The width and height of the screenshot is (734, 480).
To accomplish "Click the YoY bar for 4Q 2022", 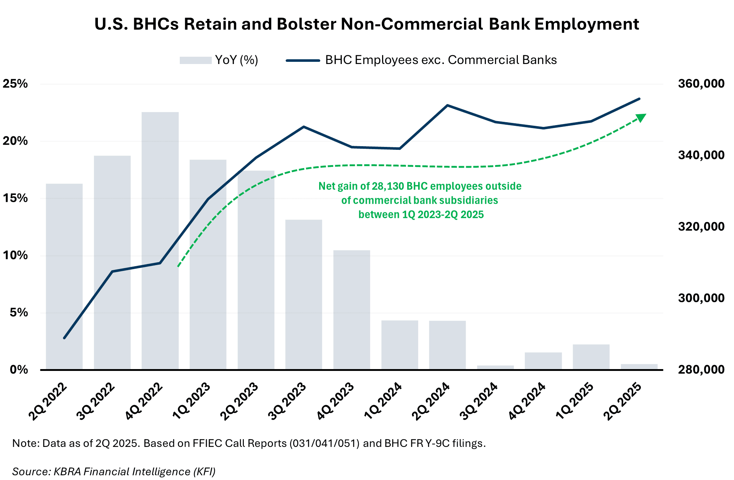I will tap(160, 240).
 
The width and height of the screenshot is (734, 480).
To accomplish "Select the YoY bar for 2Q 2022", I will tap(64, 276).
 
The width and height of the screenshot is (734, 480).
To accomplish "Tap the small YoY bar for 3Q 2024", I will tap(495, 367).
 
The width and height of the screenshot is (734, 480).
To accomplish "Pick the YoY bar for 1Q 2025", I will tap(591, 357).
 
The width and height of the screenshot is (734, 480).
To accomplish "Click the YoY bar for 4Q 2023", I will tap(352, 309).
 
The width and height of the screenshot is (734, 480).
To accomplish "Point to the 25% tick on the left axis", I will tap(15, 84).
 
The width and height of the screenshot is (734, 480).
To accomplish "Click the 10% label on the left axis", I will tap(15, 255).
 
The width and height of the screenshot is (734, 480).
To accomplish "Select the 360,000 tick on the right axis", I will tap(701, 84).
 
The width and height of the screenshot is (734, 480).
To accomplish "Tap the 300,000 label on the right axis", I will tap(701, 298).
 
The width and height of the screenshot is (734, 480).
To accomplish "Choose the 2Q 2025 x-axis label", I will tap(622, 401).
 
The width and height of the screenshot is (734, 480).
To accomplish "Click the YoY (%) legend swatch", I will tap(195, 60).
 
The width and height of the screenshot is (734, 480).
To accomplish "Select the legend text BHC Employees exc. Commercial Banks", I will tap(441, 60).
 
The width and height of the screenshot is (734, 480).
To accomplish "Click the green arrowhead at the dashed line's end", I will tap(641, 117).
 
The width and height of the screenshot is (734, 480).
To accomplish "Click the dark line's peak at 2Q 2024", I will tap(448, 105).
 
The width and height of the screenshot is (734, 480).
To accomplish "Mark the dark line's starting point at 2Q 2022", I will tap(64, 338).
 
